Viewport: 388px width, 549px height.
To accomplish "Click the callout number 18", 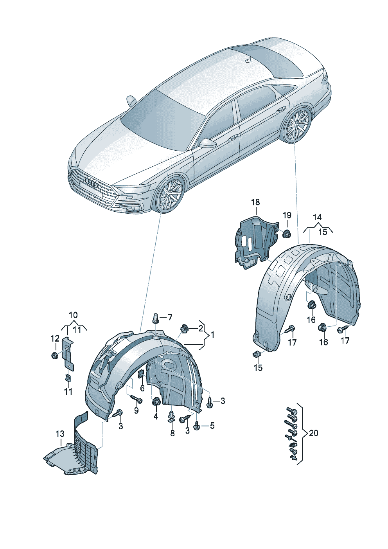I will click(x=255, y=202).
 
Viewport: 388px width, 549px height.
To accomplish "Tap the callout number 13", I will click(x=60, y=434).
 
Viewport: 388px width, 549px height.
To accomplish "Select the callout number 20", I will click(x=314, y=433).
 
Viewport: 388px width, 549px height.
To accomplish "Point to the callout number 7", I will click(x=170, y=317).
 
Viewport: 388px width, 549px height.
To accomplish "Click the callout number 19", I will click(x=287, y=215).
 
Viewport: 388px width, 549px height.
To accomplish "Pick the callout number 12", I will click(x=55, y=338).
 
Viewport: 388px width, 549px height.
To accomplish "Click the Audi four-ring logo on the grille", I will click(x=91, y=182).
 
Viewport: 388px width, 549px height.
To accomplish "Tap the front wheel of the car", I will click(x=171, y=194).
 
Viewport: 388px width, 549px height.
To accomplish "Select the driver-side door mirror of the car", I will click(x=208, y=143).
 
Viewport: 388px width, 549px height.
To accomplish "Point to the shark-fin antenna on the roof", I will click(x=247, y=60).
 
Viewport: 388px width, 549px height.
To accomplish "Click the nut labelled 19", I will click(x=287, y=234).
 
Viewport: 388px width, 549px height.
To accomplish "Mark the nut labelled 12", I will click(x=54, y=355).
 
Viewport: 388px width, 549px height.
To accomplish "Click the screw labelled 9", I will click(x=136, y=400).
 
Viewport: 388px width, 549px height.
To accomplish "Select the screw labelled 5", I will click(x=197, y=425).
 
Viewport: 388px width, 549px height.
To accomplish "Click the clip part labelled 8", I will click(x=172, y=417).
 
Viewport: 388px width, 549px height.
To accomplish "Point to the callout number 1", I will click(x=212, y=335).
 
